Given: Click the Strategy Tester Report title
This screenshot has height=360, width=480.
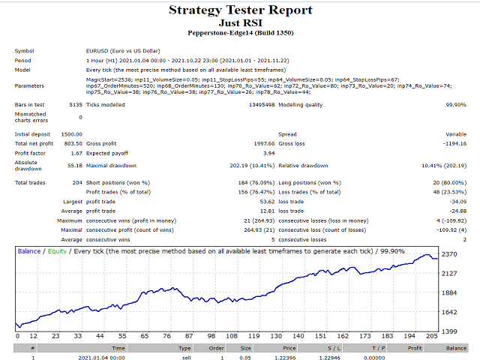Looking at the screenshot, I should click(x=239, y=10).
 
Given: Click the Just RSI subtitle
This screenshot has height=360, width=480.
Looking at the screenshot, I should click(x=239, y=23).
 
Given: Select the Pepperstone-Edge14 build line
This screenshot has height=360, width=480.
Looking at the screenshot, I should click(x=239, y=34).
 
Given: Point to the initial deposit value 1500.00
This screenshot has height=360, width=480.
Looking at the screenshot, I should click(x=70, y=134).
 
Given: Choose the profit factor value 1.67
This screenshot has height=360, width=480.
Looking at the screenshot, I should click(x=76, y=152).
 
